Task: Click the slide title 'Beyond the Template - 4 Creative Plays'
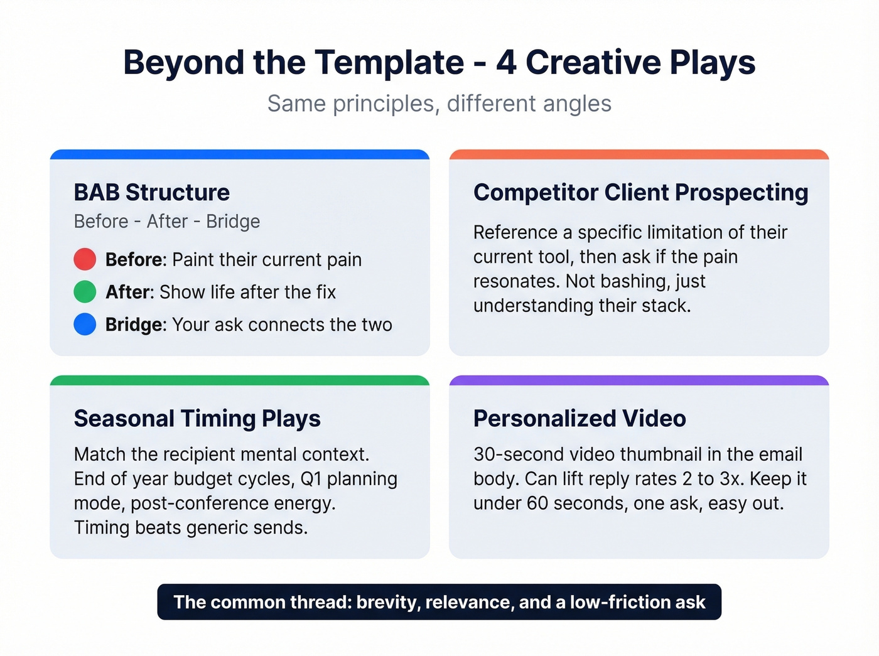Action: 439,63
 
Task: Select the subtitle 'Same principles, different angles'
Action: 439,104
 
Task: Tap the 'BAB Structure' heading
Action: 151,192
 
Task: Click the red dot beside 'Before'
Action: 85,259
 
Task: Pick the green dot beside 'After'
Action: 85,292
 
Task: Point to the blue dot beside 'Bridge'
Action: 85,324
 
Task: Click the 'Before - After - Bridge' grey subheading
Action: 166,222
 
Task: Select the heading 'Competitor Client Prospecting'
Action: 640,192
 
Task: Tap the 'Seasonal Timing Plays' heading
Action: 197,418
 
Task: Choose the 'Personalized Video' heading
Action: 579,418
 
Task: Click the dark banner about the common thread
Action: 439,602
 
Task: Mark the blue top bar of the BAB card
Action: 239,154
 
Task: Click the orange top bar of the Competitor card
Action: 639,154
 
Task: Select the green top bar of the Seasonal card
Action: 239,380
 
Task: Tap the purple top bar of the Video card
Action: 639,380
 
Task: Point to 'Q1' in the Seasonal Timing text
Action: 311,479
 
